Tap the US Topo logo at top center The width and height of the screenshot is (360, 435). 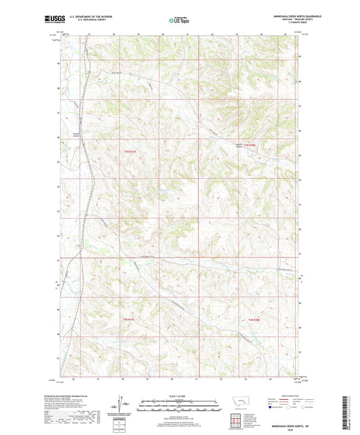(x=178, y=20)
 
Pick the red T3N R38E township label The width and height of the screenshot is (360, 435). (x=255, y=317)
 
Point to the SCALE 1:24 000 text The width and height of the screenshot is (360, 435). (x=180, y=396)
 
